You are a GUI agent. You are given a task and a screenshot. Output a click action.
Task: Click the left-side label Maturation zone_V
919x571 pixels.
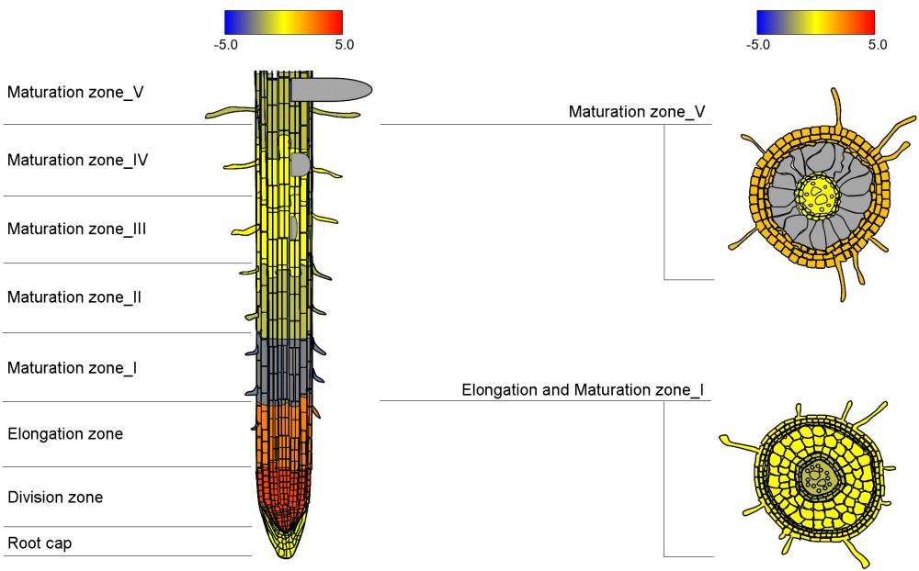(75, 93)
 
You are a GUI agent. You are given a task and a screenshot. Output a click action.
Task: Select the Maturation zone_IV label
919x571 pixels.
(78, 160)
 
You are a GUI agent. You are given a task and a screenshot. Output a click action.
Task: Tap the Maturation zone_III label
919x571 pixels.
(77, 229)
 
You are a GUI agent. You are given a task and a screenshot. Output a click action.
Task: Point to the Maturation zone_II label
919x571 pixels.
(74, 297)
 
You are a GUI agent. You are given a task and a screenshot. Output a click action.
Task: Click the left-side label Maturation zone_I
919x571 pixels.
(73, 368)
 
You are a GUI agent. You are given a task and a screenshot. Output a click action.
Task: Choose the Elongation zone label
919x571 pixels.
(65, 433)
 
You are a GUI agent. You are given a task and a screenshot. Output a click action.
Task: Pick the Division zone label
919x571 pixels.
(55, 498)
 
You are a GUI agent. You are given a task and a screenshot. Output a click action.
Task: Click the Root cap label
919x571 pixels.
(40, 543)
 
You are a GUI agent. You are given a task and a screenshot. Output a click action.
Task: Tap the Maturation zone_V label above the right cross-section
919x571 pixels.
(637, 112)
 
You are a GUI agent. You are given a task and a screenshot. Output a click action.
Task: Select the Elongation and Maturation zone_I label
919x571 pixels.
(583, 390)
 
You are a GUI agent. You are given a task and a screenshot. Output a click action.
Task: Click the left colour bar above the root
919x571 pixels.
(283, 22)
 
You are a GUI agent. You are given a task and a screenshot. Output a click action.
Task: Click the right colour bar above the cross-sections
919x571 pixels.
(815, 22)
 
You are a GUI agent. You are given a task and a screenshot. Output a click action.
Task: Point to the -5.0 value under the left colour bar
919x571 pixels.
(226, 44)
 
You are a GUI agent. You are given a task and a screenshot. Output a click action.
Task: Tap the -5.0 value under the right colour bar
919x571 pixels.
(758, 44)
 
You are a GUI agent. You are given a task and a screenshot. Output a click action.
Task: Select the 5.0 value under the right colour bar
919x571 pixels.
(877, 44)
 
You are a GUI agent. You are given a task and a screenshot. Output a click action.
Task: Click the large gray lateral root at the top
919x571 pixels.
(331, 89)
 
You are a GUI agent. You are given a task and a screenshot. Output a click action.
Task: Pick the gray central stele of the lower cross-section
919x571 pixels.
(815, 476)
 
